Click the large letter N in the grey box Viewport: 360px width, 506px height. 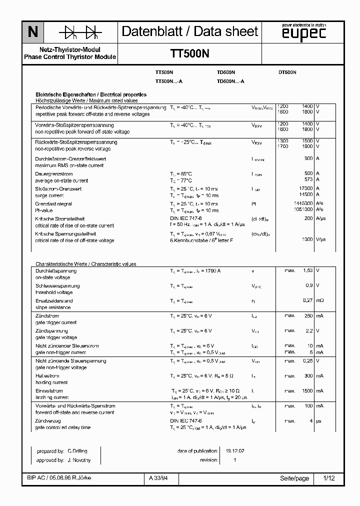coord(32,32)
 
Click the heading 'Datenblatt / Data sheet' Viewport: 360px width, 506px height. coord(190,31)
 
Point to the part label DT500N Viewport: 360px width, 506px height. coord(287,72)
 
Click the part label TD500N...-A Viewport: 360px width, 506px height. coord(230,81)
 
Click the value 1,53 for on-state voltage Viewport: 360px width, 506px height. coord(307,270)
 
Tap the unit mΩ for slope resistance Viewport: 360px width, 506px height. coord(320,300)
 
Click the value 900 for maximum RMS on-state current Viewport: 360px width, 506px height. coord(308,158)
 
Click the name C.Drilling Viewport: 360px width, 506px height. coord(78,450)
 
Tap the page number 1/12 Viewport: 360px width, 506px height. coord(329,478)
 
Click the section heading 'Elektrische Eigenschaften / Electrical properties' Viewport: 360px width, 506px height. coord(90,94)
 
